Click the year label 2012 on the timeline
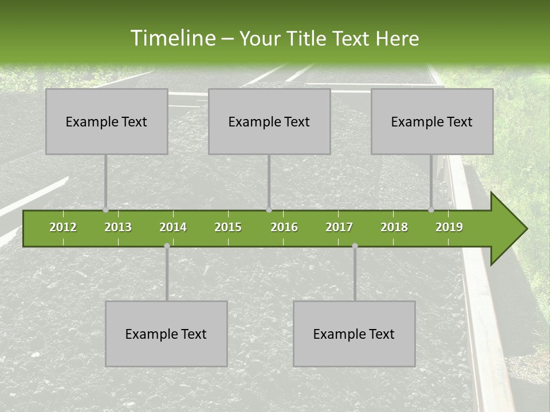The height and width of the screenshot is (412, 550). tap(63, 227)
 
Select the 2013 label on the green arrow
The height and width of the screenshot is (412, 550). tap(118, 227)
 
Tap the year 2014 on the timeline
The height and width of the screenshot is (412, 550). tap(173, 227)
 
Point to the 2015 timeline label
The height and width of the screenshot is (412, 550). tap(228, 227)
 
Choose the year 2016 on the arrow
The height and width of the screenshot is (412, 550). tap(284, 227)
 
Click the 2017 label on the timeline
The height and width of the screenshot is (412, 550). tap(339, 227)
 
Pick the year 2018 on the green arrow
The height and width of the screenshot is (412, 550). tap(394, 227)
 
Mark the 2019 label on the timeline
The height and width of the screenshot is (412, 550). tap(449, 227)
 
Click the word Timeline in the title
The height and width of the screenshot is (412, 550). tap(172, 38)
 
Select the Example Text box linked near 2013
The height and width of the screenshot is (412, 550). tap(107, 121)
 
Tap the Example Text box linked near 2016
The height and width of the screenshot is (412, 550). tap(269, 121)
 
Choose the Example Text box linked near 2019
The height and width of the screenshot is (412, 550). tap(432, 121)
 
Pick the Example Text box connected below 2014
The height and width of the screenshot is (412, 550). tap(166, 334)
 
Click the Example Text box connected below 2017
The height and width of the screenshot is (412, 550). tap(354, 334)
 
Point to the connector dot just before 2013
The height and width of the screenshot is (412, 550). tap(106, 210)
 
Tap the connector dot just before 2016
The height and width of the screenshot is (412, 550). tap(269, 210)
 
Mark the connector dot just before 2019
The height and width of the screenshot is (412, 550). tap(431, 210)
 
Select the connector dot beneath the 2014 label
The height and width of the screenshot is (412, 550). tap(167, 246)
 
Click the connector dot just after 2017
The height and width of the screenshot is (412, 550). tap(355, 246)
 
